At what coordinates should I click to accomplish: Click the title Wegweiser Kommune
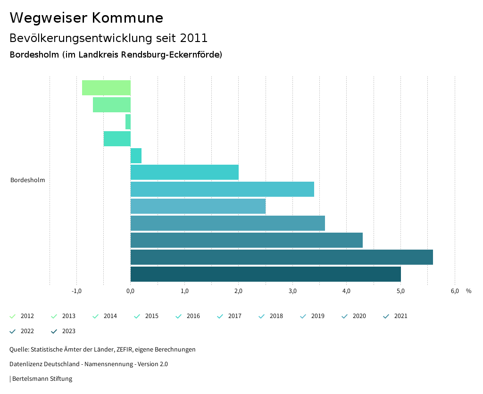pyautogui.click(x=86, y=18)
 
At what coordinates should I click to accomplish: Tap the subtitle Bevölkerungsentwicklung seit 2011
pyautogui.click(x=108, y=38)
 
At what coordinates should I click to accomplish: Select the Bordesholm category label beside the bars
pyautogui.click(x=28, y=180)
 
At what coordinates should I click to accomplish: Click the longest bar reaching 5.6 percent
pyautogui.click(x=282, y=257)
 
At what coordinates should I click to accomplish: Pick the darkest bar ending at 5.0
pyautogui.click(x=266, y=274)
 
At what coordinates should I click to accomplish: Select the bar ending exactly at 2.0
pyautogui.click(x=184, y=172)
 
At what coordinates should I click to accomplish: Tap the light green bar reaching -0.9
pyautogui.click(x=106, y=88)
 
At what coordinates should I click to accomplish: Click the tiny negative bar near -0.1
pyautogui.click(x=128, y=122)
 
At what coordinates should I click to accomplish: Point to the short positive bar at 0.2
pyautogui.click(x=136, y=156)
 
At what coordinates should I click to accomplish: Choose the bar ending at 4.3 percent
pyautogui.click(x=247, y=240)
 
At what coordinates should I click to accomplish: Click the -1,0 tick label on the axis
pyautogui.click(x=76, y=291)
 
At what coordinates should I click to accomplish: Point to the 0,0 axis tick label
pyautogui.click(x=131, y=291)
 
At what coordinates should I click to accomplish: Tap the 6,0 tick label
pyautogui.click(x=455, y=291)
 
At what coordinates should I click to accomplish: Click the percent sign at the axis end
pyautogui.click(x=468, y=291)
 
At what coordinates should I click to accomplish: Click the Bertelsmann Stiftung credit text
pyautogui.click(x=42, y=379)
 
